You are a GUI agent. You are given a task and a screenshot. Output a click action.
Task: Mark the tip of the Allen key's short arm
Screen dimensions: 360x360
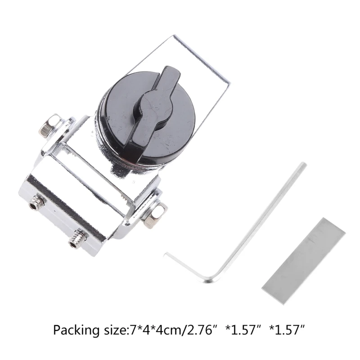point(167,255)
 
